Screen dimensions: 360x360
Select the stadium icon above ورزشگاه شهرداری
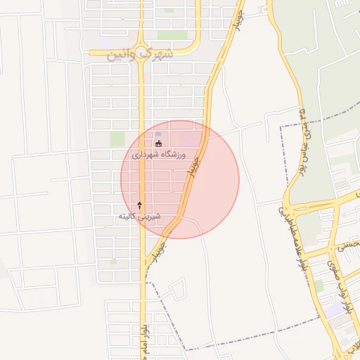[x=157, y=143]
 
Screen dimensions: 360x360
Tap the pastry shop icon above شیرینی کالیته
[x=139, y=205]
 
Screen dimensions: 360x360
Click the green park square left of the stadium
[x=117, y=139]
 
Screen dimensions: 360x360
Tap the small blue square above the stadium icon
[x=158, y=134]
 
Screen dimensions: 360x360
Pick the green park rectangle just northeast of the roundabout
[x=172, y=34]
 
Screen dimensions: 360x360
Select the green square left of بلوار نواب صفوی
[x=319, y=285]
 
